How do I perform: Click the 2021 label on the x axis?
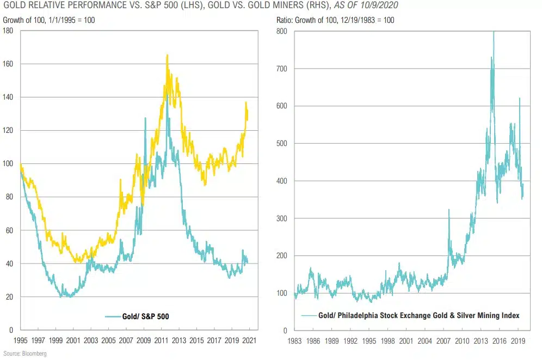[x=250, y=340]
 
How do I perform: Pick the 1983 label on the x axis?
[x=294, y=340]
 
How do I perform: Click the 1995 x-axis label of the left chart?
[x=20, y=340]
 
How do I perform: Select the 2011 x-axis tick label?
[x=162, y=340]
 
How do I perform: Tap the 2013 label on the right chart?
[x=480, y=340]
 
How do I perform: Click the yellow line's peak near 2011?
[x=167, y=55]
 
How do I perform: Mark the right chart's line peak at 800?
[x=494, y=32]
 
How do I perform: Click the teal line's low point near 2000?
[x=69, y=296]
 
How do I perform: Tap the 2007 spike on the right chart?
[x=449, y=210]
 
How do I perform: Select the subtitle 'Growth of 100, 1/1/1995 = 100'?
[x=49, y=20]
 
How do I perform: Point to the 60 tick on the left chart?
[x=10, y=230]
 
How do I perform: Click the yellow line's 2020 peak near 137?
[x=246, y=102]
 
